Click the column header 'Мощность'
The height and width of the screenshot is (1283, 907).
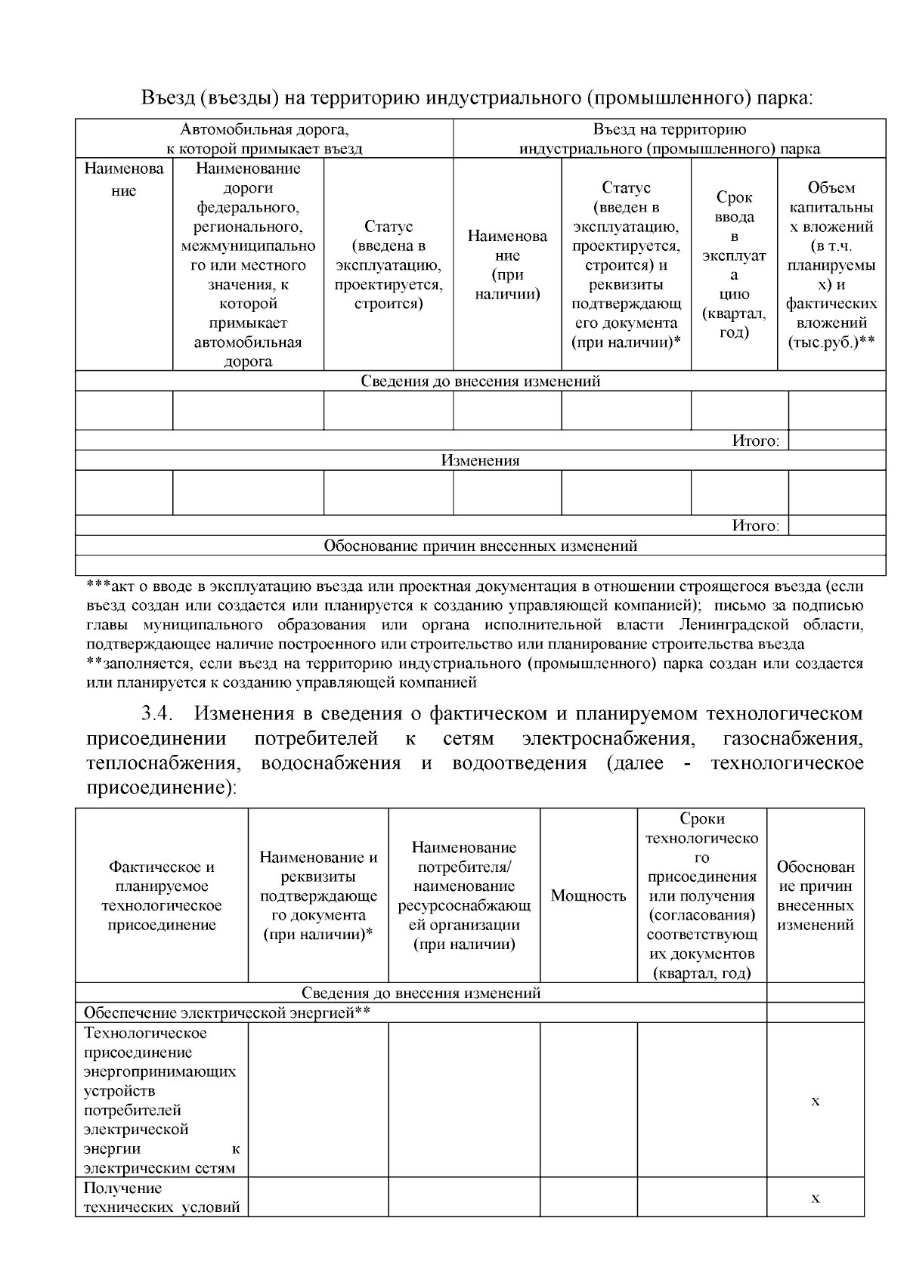(x=588, y=896)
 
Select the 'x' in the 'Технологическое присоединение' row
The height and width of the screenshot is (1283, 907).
(x=815, y=1101)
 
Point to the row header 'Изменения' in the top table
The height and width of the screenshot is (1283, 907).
(x=480, y=461)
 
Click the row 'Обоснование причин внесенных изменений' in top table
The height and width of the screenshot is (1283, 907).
(x=480, y=546)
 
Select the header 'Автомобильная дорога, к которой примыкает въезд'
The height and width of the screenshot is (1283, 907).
(x=265, y=139)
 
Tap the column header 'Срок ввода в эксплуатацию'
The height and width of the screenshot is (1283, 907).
(x=734, y=264)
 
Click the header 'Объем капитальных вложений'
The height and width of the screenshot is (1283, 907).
(x=831, y=264)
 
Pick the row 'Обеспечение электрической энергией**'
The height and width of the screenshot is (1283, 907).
(x=227, y=1012)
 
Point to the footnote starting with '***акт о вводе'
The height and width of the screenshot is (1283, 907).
(x=475, y=615)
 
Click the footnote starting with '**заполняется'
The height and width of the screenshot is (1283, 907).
(x=475, y=673)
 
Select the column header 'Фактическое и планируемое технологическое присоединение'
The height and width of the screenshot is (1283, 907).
(x=162, y=896)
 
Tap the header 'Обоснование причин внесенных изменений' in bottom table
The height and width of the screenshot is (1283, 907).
(x=815, y=896)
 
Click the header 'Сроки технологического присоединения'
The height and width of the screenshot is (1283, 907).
(x=701, y=896)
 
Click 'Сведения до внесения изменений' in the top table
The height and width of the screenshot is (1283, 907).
(x=480, y=381)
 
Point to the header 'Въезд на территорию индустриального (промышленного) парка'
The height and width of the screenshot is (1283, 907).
(x=669, y=139)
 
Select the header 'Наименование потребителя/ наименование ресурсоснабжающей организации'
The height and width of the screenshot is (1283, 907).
(x=464, y=896)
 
